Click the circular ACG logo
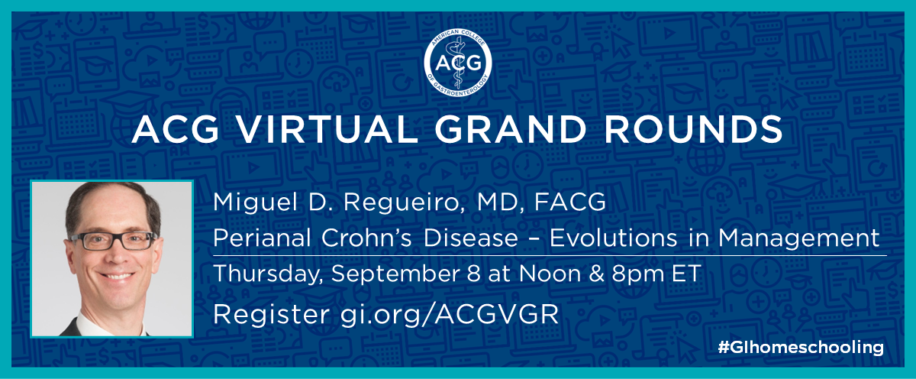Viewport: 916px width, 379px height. (457, 63)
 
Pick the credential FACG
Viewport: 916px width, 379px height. (570, 202)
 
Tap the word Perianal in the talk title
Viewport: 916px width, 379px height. (262, 238)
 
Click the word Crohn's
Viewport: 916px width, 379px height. (366, 238)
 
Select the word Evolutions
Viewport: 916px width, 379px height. (613, 238)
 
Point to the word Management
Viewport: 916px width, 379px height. (798, 238)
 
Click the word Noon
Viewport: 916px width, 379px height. (550, 274)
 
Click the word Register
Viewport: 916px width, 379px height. (271, 314)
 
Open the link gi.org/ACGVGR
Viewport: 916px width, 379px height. (449, 314)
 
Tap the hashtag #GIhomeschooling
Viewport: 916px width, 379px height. (800, 348)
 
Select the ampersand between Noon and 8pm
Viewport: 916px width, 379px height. (596, 274)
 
